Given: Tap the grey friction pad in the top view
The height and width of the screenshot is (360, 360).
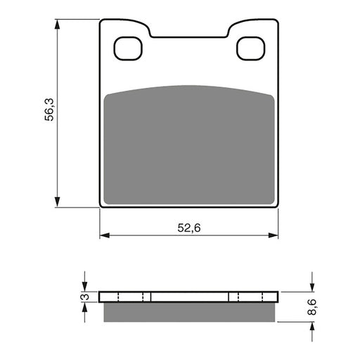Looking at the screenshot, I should [188, 144].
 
